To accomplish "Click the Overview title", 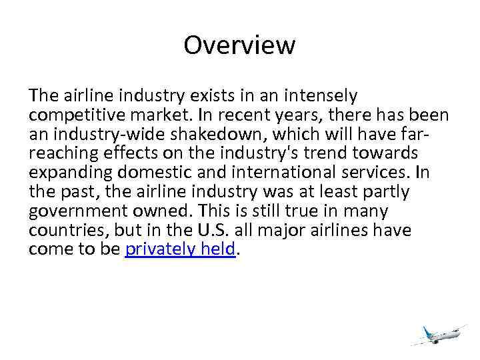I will pos(239,45).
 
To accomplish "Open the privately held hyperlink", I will pos(180,249).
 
